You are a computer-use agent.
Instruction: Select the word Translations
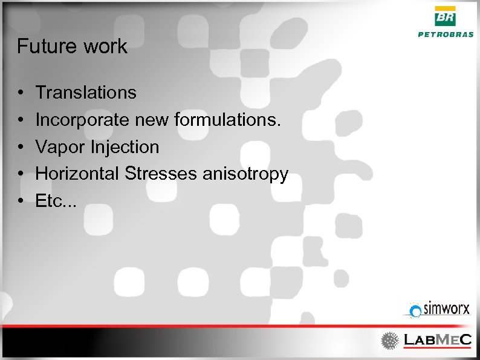tap(86, 93)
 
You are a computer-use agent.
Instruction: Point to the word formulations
tap(228, 120)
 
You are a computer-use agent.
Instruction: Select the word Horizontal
tap(78, 174)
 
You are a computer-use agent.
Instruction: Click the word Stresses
tap(161, 174)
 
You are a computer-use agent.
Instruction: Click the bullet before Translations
tap(21, 93)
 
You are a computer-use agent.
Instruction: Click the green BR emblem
tap(446, 17)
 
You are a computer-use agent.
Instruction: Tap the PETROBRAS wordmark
tap(446, 34)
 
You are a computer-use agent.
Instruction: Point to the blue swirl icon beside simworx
tap(415, 311)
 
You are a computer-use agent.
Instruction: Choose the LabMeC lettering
tap(437, 340)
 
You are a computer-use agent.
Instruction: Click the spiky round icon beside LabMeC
tap(390, 341)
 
